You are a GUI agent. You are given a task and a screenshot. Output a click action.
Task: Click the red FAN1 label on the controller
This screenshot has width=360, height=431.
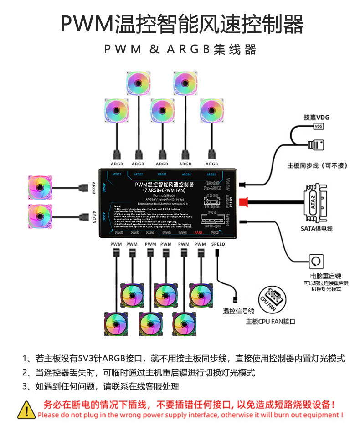[198, 233]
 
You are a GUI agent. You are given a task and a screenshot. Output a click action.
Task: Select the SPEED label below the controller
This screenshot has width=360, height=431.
[218, 244]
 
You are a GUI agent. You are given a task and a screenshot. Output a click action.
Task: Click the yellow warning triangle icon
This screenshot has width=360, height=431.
[26, 409]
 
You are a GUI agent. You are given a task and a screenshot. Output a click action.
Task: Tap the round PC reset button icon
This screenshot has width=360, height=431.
[317, 262]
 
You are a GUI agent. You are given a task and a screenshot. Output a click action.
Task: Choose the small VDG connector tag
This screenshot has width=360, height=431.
[319, 126]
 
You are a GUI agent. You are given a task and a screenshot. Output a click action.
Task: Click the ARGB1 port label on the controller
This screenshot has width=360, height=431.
[117, 174]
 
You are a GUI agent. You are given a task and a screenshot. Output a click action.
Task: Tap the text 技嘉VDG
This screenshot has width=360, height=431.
[316, 118]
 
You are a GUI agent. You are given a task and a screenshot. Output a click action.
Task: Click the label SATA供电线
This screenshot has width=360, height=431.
[316, 228]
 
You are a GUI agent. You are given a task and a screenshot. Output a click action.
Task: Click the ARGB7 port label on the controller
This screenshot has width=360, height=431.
[104, 218]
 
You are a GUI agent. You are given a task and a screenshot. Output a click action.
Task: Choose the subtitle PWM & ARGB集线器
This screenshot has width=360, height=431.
[180, 49]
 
